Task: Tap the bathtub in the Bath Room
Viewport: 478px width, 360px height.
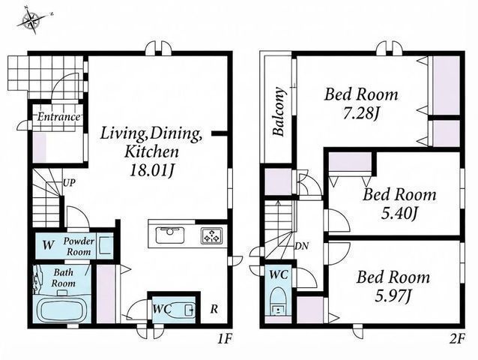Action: pos(62,310)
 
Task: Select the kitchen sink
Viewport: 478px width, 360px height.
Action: pos(170,235)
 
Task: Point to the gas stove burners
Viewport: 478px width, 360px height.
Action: pos(212,235)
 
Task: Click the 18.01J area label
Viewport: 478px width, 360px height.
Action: pos(151,170)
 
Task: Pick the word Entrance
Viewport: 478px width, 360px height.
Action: pos(58,116)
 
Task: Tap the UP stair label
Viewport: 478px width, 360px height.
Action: pos(69,183)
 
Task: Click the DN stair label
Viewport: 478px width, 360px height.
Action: pos(302,246)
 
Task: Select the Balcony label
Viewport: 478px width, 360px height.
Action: pos(279,111)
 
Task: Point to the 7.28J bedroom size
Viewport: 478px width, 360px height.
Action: pos(360,114)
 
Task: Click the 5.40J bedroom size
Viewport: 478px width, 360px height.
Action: pos(399,214)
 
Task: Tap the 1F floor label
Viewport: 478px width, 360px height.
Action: pos(225,338)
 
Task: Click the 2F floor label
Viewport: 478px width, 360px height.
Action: pos(457,338)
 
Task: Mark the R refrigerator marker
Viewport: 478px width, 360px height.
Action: pos(214,309)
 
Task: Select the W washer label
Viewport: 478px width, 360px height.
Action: pos(48,245)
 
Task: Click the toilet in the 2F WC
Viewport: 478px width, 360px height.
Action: pos(278,300)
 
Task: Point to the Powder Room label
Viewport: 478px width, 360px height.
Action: pos(79,246)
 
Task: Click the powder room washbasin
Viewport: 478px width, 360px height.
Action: pos(105,245)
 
